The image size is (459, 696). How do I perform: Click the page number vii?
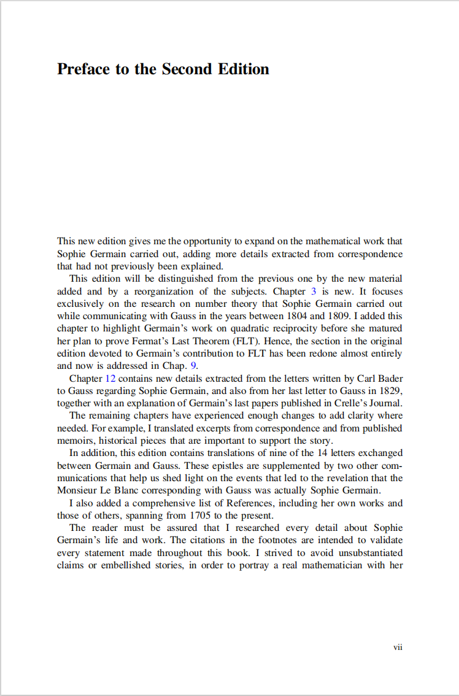pyautogui.click(x=398, y=647)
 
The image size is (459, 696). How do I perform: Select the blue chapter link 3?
pyautogui.click(x=314, y=292)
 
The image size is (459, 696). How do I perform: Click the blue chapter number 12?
pyautogui.click(x=111, y=379)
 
